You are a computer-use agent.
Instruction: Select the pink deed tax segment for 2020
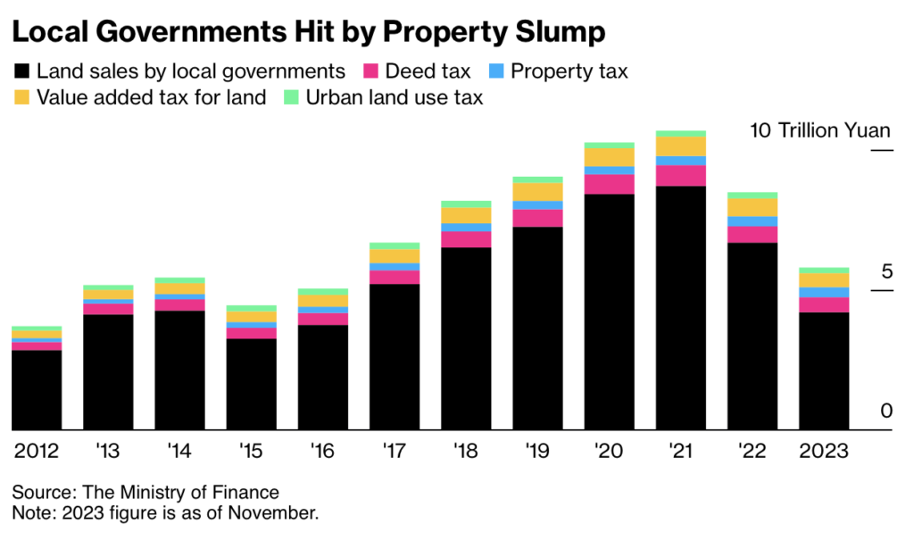[x=609, y=184]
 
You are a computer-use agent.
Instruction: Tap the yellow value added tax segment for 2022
[x=752, y=207]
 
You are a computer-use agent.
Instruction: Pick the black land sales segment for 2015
[x=252, y=384]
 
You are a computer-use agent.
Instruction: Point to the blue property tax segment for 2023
[x=824, y=293]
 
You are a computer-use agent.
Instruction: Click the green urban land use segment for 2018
[x=466, y=204]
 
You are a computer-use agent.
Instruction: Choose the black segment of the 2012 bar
[x=37, y=390]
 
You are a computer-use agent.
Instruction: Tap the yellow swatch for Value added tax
[x=22, y=97]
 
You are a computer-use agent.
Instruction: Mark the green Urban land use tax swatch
[x=291, y=97]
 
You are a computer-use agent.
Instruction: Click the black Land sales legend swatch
[x=22, y=71]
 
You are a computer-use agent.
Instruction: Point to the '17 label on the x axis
[x=395, y=451]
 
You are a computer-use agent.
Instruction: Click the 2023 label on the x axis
[x=824, y=451]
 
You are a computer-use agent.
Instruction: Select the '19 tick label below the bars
[x=537, y=451]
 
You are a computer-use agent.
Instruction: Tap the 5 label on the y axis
[x=885, y=272]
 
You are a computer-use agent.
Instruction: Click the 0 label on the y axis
[x=885, y=412]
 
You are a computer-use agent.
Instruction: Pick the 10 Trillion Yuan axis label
[x=820, y=131]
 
